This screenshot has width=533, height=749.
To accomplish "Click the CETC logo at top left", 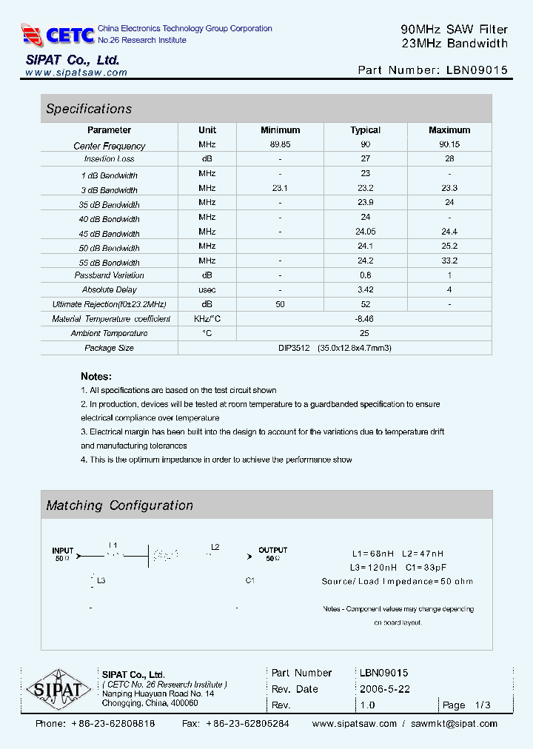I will point(58,35).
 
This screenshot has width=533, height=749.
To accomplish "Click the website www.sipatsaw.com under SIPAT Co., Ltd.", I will point(76,73).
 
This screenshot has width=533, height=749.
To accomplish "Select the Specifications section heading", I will point(89,109).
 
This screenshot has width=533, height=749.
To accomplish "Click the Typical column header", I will point(365,130).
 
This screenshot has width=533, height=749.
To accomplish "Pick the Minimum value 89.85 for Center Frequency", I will point(280,145).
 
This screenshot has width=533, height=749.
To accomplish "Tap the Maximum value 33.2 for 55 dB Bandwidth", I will point(449,261).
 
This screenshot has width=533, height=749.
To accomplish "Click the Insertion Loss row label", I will point(110,159).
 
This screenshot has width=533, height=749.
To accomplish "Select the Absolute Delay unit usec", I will point(207,289).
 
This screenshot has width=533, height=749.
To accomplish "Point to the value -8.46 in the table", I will point(365,318).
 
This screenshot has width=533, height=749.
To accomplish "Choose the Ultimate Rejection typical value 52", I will point(365,304).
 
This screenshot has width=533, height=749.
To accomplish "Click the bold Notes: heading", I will point(96,376).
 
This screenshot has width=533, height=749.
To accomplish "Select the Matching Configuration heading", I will point(119,506).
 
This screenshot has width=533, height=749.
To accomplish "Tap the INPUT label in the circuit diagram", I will point(63,551).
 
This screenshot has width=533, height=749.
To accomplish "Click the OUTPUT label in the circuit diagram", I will point(272,550).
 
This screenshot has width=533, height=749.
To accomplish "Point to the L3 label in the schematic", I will point(101,581).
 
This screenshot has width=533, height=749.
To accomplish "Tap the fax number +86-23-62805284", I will point(247,724).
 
